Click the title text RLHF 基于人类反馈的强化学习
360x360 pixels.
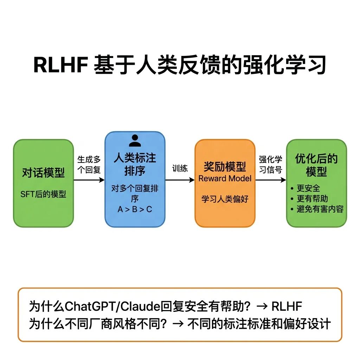click(180, 65)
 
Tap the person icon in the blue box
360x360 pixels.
click(135, 140)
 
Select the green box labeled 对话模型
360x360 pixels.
click(43, 183)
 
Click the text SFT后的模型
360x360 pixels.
click(43, 194)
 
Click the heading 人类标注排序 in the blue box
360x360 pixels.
click(135, 164)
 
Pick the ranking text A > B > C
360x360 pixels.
click(135, 210)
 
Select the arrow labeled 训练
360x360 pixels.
click(180, 180)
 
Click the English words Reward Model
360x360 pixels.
click(225, 178)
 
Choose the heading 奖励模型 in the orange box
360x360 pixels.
click(225, 166)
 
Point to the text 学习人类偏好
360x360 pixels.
click(225, 199)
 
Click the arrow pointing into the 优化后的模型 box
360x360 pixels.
click(271, 180)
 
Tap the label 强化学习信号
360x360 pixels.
click(271, 164)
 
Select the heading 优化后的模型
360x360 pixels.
click(316, 165)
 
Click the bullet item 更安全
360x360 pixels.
click(308, 188)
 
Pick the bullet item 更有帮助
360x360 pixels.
click(312, 199)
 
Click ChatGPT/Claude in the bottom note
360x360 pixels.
click(112, 307)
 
